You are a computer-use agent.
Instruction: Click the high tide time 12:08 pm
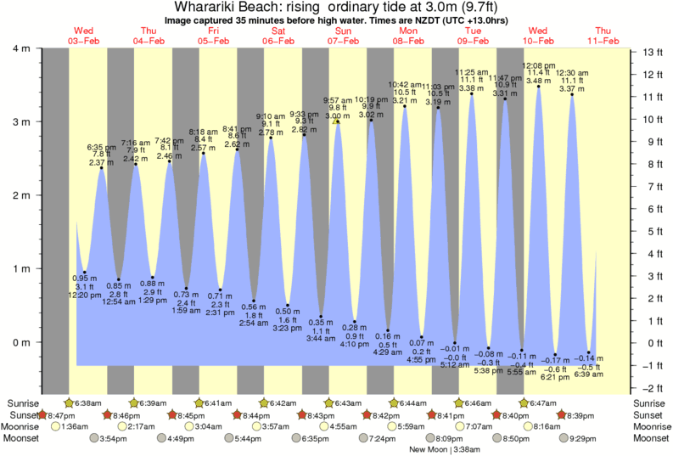click(x=538, y=65)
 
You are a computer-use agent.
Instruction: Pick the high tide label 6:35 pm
click(x=102, y=147)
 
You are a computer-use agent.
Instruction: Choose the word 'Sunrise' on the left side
click(x=24, y=403)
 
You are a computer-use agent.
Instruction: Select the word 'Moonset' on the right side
click(x=649, y=438)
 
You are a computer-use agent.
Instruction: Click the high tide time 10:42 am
click(x=405, y=84)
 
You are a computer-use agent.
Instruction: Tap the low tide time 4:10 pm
click(x=355, y=344)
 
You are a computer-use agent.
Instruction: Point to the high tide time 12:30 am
click(x=572, y=73)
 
